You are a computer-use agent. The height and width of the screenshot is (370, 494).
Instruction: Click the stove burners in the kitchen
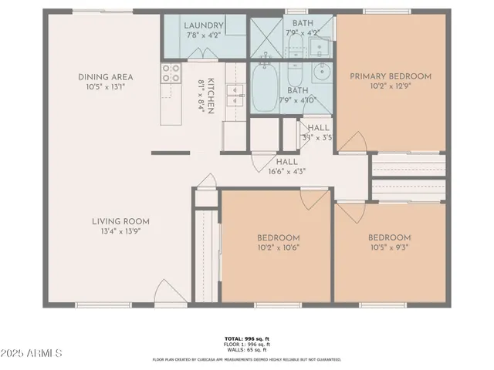[x=169, y=73]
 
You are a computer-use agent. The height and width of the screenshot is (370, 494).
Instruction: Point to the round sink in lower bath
[x=322, y=76]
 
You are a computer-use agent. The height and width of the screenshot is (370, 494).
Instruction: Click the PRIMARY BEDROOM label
[x=391, y=76]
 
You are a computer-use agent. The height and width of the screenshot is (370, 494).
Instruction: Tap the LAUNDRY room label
[x=204, y=25]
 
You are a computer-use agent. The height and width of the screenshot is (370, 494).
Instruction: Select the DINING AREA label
[x=106, y=77]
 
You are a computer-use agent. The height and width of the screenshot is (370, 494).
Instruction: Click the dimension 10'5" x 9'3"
[x=389, y=247]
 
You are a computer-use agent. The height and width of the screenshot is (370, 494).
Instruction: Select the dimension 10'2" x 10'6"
[x=278, y=247]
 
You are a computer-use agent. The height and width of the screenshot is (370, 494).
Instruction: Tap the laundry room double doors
[x=204, y=54]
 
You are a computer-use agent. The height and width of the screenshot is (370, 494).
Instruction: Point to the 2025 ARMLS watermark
[x=32, y=353]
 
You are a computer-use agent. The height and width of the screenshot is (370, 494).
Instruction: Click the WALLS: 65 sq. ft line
[x=247, y=351]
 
